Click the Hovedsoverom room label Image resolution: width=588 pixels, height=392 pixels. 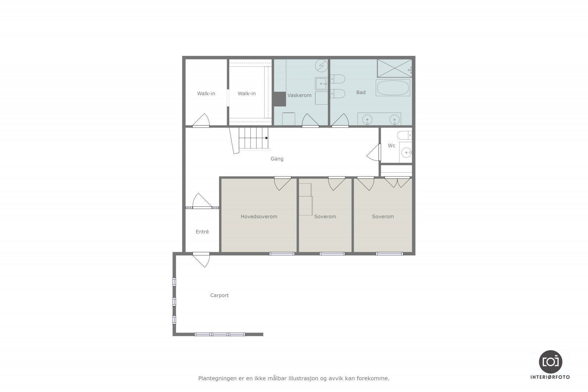point(259,216)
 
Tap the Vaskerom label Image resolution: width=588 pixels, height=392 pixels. point(299,95)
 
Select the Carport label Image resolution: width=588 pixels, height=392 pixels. point(219,295)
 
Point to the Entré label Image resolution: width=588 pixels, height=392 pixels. point(202,231)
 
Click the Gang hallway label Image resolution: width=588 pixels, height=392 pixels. point(277,159)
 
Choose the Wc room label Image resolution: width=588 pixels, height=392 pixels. point(391,145)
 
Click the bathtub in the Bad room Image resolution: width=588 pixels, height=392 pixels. point(392,88)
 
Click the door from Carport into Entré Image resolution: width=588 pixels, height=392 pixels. point(201,259)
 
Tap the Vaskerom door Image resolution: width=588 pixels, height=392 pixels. point(310,121)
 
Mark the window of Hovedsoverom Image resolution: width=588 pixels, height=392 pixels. point(282,253)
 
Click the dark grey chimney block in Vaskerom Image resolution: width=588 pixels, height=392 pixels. point(279,99)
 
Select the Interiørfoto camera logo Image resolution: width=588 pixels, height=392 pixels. point(550,362)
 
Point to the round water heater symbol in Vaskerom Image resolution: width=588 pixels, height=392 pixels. point(322,66)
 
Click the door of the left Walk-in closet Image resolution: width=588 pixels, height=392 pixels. point(201,121)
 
